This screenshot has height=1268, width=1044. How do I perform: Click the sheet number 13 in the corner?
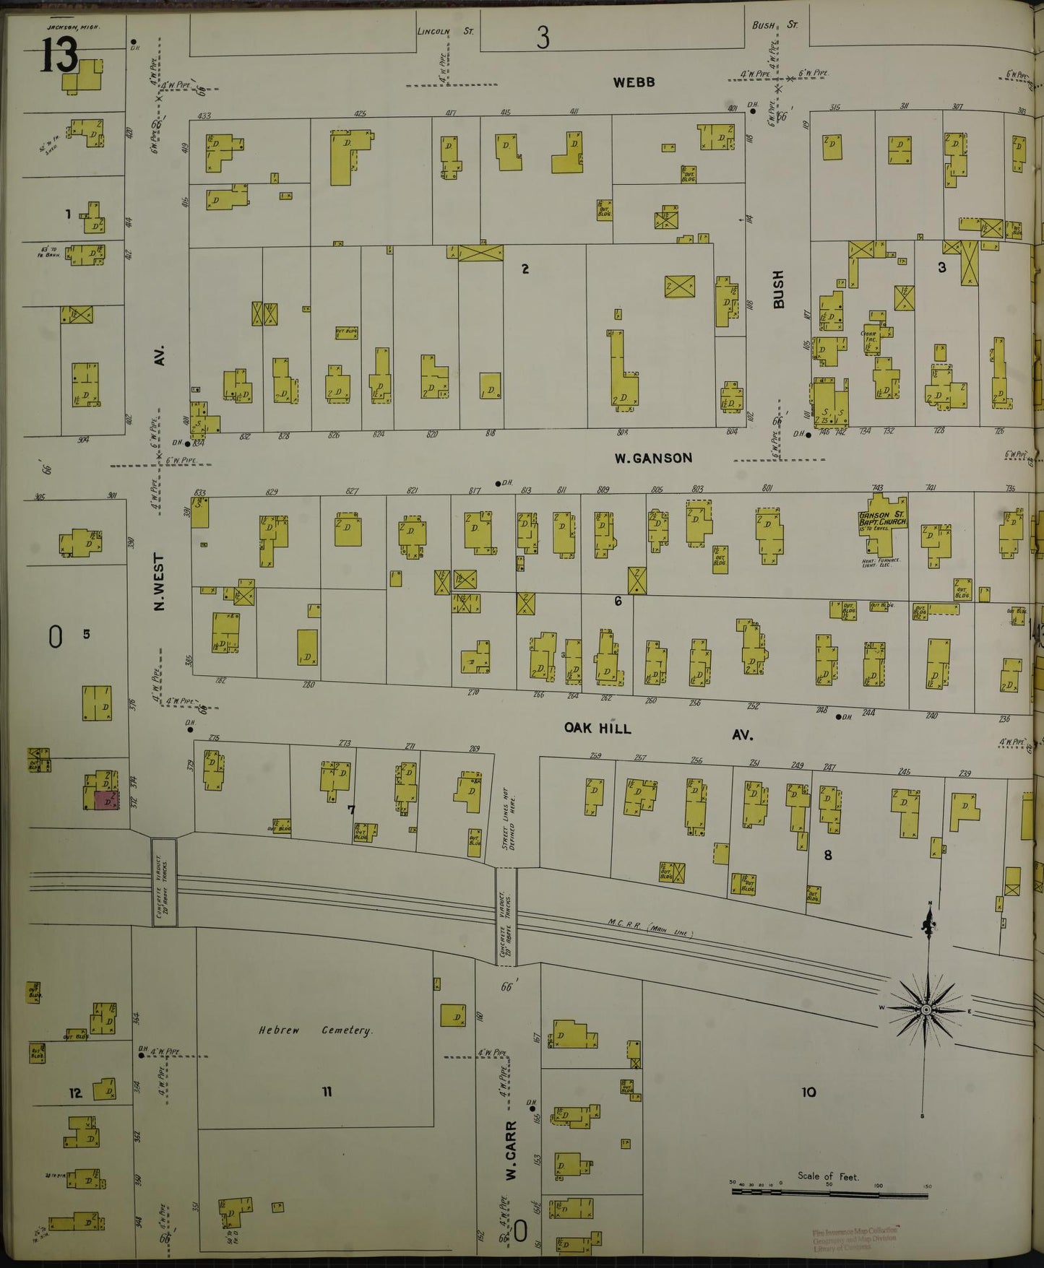coord(58,55)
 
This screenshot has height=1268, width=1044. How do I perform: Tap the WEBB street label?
coord(634,82)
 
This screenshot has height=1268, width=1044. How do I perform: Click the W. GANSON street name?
coord(653,458)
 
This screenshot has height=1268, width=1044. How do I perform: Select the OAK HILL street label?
coord(598,728)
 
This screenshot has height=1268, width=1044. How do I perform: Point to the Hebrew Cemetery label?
coord(316,1030)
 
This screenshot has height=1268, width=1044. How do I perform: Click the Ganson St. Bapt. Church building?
coord(881,525)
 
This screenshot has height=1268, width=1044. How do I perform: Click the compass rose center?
coord(926,1008)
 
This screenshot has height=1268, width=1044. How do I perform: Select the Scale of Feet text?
coord(828,1176)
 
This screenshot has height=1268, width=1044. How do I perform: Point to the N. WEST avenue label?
coord(160,581)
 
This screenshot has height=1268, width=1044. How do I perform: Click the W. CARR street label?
coord(511,1150)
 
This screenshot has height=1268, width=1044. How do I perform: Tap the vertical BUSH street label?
coord(778,289)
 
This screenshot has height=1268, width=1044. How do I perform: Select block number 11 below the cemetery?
coord(327,1092)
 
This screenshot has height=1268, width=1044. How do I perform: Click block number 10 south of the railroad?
coord(808,1092)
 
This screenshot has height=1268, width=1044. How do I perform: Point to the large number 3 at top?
coord(543,38)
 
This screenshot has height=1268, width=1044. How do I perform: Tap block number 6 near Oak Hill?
coord(618,601)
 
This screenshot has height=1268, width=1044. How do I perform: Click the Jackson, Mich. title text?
coord(73,27)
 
